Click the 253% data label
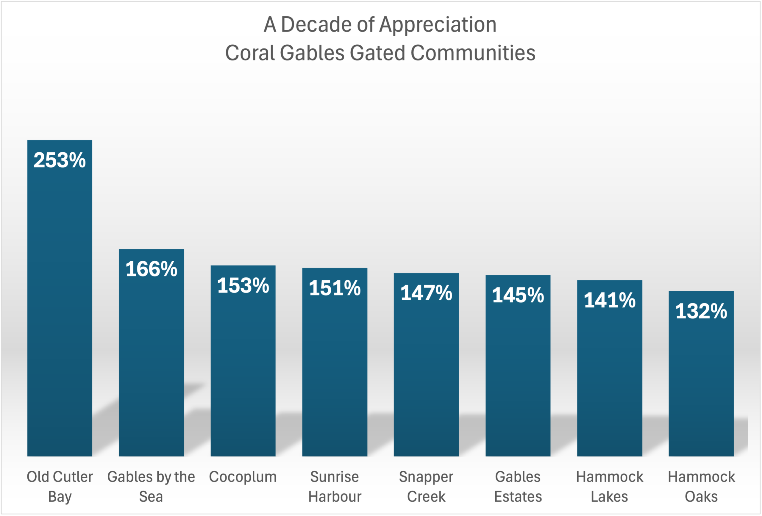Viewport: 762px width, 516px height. tap(60, 160)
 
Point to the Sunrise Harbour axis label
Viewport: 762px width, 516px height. tap(335, 487)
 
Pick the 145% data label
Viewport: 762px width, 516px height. tap(518, 295)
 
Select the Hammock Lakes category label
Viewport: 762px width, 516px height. tap(609, 487)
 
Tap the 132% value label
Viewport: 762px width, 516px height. tap(701, 311)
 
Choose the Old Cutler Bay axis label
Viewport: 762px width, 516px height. tap(60, 487)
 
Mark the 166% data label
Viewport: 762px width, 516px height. tap(151, 269)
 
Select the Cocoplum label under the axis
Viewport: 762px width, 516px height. tap(243, 477)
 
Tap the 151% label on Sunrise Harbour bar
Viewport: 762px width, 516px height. tap(335, 288)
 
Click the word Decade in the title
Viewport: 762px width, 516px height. tap(316, 25)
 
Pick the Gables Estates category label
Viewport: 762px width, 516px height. tap(518, 487)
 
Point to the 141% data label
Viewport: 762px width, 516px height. tap(609, 300)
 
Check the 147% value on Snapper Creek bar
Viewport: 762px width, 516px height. tap(426, 293)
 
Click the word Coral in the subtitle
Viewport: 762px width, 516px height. tap(249, 53)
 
